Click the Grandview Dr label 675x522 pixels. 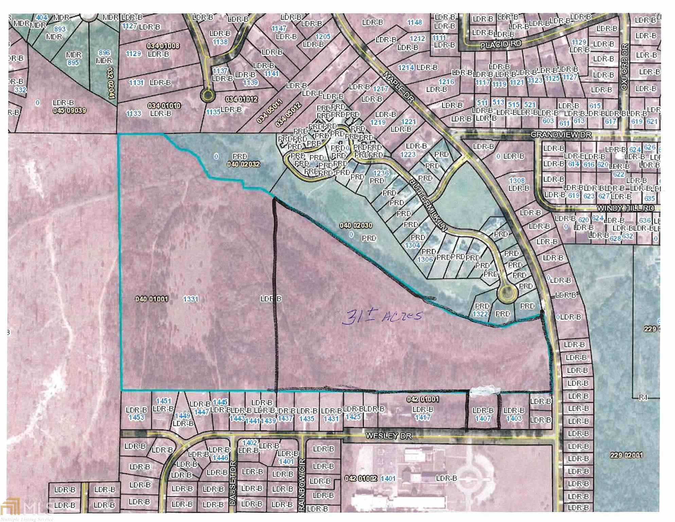coord(561,135)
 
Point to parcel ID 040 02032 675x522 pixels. coord(243,164)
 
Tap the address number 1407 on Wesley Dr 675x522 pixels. coord(482,418)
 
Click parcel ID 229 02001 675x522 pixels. coord(626,455)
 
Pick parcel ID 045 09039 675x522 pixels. coord(70,110)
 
